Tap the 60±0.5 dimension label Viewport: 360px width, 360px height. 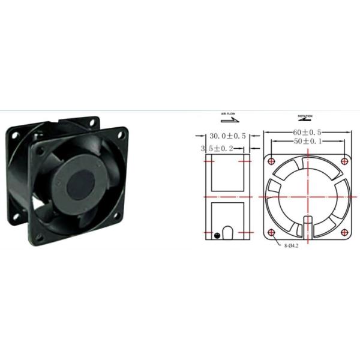click(307, 131)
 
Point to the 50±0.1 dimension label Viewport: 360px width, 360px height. click(307, 142)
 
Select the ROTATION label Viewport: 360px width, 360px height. click(305, 114)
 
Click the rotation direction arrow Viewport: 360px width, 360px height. click(305, 119)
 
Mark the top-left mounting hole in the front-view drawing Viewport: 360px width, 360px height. click(272, 161)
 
